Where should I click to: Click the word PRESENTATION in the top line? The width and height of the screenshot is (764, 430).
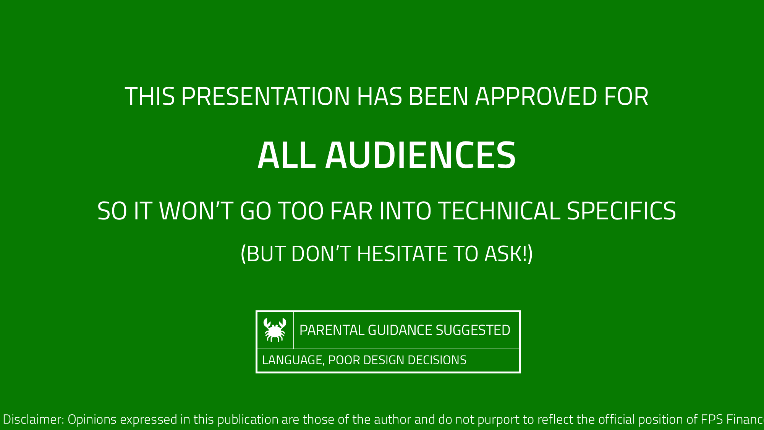(265, 96)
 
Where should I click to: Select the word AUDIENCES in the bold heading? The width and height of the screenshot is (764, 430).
(420, 155)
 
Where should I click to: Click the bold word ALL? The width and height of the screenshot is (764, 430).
(286, 155)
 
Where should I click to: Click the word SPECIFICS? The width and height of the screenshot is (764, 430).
(621, 211)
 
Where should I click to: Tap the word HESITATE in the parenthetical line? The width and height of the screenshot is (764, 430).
(401, 254)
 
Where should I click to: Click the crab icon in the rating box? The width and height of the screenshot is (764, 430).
(275, 330)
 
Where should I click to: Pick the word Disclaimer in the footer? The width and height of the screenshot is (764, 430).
(33, 419)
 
